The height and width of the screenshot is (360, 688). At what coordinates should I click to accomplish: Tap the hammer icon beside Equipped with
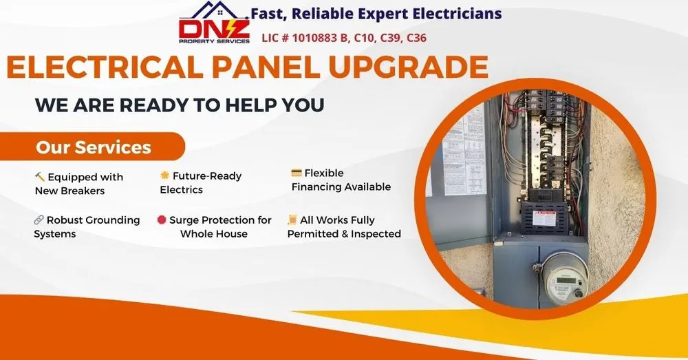coord(40,177)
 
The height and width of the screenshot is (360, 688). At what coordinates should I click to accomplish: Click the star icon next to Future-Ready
coord(165,176)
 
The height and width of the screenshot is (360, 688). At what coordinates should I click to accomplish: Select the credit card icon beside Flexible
coord(297,173)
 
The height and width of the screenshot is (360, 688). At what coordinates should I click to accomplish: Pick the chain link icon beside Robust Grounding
coord(39,220)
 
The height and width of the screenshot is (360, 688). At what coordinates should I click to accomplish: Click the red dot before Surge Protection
coord(162,220)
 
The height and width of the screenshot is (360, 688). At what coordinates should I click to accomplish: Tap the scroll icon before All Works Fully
coord(292,220)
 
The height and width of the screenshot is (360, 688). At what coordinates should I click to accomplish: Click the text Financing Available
coord(341,187)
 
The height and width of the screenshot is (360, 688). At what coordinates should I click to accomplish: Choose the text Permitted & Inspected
coord(344,234)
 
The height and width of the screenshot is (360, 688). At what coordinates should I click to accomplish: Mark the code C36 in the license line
coord(417,38)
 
